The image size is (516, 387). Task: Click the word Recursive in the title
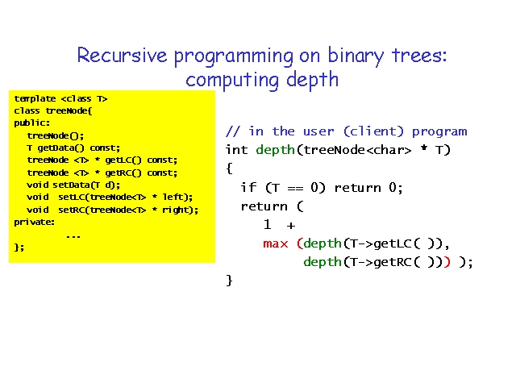pyautogui.click(x=122, y=55)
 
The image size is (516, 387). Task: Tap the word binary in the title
pyautogui.click(x=356, y=56)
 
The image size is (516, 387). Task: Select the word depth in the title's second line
pyautogui.click(x=312, y=80)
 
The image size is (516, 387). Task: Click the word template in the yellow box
pyautogui.click(x=35, y=98)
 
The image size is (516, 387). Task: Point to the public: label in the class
pyautogui.click(x=32, y=123)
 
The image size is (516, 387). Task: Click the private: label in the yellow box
pyautogui.click(x=34, y=223)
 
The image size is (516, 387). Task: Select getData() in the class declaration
pyautogui.click(x=61, y=148)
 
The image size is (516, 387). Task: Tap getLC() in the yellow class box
pyautogui.click(x=123, y=160)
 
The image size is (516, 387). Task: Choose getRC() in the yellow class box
pyautogui.click(x=123, y=173)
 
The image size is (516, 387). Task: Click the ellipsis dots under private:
pyautogui.click(x=73, y=236)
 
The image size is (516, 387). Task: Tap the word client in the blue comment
pyautogui.click(x=373, y=131)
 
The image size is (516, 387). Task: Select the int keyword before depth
pyautogui.click(x=236, y=150)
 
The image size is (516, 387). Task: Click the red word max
pyautogui.click(x=276, y=243)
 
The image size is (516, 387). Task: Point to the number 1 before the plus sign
pyautogui.click(x=267, y=225)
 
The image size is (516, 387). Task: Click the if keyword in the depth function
pyautogui.click(x=248, y=187)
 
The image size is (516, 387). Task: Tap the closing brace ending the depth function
pyautogui.click(x=229, y=281)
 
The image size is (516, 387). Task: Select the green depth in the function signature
pyautogui.click(x=275, y=151)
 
